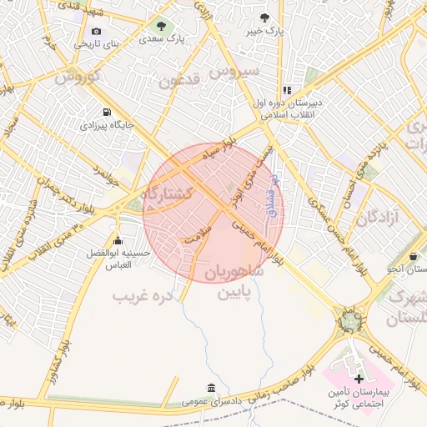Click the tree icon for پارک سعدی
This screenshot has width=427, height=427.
point(161,24)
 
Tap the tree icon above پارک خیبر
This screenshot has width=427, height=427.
point(265,17)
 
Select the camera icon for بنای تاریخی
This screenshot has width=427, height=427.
point(97,31)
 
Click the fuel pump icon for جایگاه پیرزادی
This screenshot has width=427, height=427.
point(106,113)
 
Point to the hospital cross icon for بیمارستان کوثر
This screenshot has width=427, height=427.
point(359,379)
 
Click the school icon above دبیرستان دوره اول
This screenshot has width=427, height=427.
point(287,90)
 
